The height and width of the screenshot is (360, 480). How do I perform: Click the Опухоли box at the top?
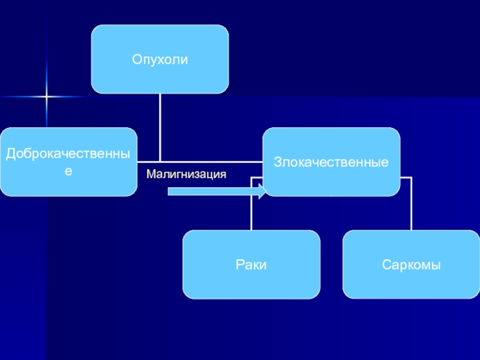160,59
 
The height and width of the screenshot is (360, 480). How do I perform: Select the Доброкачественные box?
68,161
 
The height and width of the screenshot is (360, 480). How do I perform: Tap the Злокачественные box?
331,161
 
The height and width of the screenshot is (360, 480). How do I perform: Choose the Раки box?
251,265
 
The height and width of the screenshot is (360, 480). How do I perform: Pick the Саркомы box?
411,265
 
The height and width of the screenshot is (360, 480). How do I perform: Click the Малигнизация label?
186,174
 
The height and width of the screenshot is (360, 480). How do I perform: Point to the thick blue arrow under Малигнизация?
217,191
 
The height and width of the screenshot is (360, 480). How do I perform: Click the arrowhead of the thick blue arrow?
263,191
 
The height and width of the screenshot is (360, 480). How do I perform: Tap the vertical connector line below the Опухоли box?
160,127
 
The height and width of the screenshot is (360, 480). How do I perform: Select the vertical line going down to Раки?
251,204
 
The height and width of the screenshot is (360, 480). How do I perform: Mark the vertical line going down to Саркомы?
411,204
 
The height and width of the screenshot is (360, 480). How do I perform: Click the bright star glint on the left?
47,97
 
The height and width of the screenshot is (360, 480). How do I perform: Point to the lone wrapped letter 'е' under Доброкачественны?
68,171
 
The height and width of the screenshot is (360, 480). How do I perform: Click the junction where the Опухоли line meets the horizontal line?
160,161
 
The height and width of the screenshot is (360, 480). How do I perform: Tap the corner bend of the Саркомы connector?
411,178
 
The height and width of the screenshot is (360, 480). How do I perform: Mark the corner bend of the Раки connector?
251,178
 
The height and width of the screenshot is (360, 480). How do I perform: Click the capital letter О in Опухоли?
137,59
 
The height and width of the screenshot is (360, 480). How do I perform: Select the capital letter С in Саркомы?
386,265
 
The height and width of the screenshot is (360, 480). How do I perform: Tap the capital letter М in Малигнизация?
151,174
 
